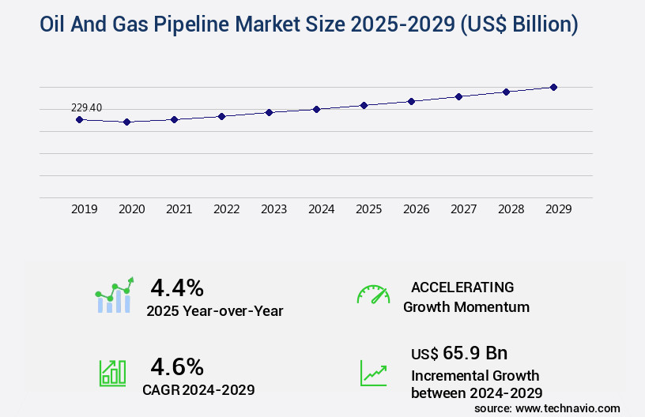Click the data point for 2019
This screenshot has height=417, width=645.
pos(79,119)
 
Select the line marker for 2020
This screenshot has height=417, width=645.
pos(126,122)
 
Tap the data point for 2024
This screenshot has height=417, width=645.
pos(316,109)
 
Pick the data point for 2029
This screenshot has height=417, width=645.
pos(553,87)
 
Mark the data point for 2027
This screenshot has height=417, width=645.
pos(458,96)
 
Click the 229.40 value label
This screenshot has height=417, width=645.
pos(86,107)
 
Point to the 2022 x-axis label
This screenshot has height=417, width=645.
pos(226,209)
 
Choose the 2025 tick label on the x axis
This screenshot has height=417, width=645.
pos(368,209)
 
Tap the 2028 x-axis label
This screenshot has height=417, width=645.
pos(511,209)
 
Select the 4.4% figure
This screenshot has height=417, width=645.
pos(177,287)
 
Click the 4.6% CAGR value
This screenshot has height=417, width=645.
pos(177,366)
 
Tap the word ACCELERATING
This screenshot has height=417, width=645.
pos(462,287)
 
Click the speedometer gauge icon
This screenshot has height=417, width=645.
pos(373,295)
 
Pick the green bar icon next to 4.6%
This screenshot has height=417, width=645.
pos(112,373)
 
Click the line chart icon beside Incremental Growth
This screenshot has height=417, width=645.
pos(373,373)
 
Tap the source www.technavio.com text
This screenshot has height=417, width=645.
pos(547,408)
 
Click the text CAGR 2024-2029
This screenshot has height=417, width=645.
pos(198,389)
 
